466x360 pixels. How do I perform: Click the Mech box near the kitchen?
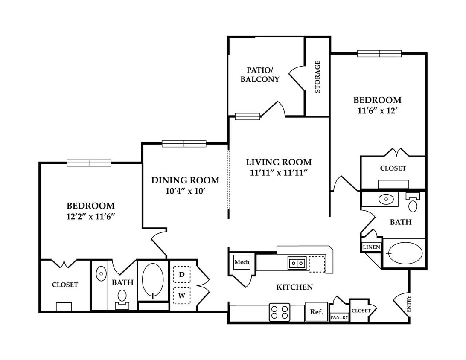click(x=242, y=262)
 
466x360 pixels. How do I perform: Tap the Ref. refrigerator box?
click(x=317, y=311)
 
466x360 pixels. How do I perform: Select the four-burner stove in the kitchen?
click(x=280, y=312)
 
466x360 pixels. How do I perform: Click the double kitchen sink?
click(x=297, y=263)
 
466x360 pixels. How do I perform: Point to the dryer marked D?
click(x=182, y=274)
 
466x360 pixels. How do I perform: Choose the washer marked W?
click(x=182, y=296)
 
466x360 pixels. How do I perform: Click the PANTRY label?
click(x=339, y=317)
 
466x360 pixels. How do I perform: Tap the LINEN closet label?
click(x=372, y=247)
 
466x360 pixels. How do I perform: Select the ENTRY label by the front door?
click(x=409, y=304)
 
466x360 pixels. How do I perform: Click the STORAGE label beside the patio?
click(x=317, y=77)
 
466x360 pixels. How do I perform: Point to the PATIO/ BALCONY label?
click(x=260, y=75)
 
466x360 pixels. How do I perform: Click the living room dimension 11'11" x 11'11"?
click(x=279, y=173)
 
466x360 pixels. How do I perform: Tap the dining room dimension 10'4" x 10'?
click(x=185, y=191)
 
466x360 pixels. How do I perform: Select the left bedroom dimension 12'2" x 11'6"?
click(x=90, y=216)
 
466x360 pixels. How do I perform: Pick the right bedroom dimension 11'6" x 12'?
click(x=377, y=110)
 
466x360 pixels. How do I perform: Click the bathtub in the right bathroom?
click(x=405, y=253)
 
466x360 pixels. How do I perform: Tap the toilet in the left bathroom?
click(x=122, y=299)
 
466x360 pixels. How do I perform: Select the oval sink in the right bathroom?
click(x=386, y=199)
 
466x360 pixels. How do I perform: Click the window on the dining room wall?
click(x=184, y=143)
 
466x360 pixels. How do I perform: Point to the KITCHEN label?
click(x=294, y=287)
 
